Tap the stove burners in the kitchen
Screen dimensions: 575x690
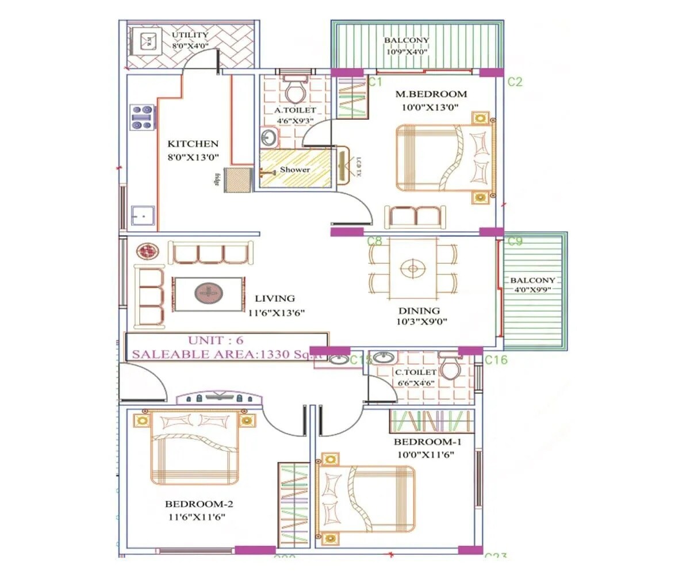(x=142, y=117)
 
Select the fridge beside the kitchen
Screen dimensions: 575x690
(x=238, y=179)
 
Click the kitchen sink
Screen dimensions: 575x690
(x=141, y=215)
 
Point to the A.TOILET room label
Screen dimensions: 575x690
(x=294, y=110)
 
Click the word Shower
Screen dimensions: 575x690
(x=294, y=170)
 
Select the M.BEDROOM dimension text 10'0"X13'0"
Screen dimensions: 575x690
(x=430, y=106)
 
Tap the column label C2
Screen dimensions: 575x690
(x=515, y=82)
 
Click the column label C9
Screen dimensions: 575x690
(x=515, y=241)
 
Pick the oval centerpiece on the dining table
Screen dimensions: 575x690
(x=412, y=269)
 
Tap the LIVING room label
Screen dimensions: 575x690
(x=274, y=298)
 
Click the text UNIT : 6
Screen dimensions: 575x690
(x=216, y=340)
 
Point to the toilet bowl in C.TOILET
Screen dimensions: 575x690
(x=450, y=368)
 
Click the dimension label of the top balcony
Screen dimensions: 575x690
(x=407, y=51)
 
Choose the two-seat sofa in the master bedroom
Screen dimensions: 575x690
(x=414, y=217)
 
